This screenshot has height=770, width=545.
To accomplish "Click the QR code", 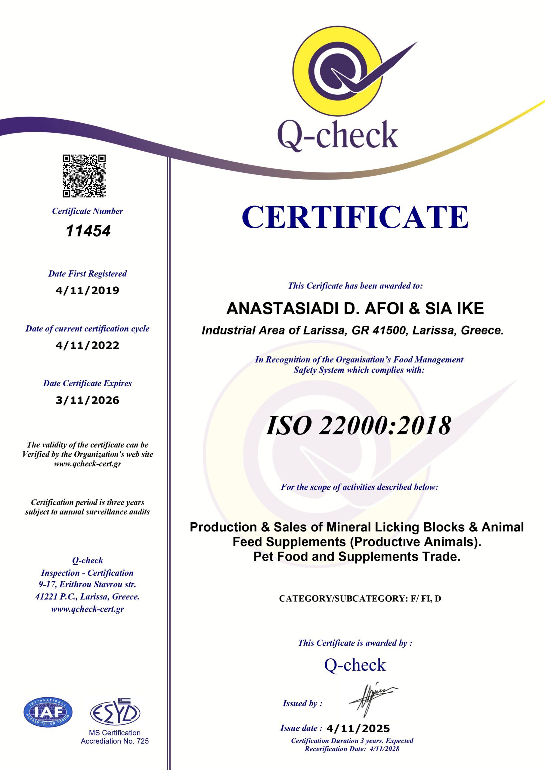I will [x=84, y=176].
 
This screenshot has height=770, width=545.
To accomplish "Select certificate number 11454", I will [x=88, y=231].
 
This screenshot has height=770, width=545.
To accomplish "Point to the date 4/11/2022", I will [x=88, y=345].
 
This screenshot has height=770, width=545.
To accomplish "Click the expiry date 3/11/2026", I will [x=88, y=400].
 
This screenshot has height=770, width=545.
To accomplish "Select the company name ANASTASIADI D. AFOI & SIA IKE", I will [x=355, y=309].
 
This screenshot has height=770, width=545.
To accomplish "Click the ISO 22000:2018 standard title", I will [x=358, y=426].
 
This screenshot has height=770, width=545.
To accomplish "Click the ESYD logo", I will [x=115, y=713].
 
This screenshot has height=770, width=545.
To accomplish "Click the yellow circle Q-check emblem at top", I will [x=339, y=70].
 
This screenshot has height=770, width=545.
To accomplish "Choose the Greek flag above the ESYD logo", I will [x=126, y=701].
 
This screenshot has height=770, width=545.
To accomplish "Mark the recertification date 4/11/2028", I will [x=384, y=756].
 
